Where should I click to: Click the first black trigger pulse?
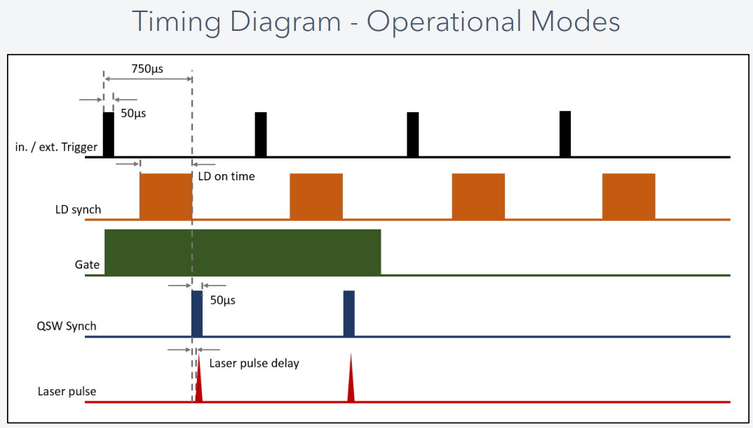[109, 134]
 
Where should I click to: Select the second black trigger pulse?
[261, 134]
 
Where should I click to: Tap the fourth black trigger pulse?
[565, 133]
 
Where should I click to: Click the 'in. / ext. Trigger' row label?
[55, 147]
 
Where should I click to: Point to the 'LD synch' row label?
[78, 209]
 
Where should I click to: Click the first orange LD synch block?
[165, 196]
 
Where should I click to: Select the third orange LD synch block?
[478, 196]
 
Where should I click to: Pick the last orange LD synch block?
[628, 196]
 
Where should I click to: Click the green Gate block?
[243, 252]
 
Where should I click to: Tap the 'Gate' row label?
[87, 265]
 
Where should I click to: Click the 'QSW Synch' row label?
[66, 326]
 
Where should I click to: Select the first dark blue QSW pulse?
[197, 314]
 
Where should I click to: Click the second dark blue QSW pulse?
[349, 314]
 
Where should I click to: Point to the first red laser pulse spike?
[199, 386]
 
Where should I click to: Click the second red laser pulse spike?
[351, 386]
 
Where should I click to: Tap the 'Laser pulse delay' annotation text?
[255, 363]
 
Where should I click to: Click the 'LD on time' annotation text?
[226, 176]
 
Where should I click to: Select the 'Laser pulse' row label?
[67, 391]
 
